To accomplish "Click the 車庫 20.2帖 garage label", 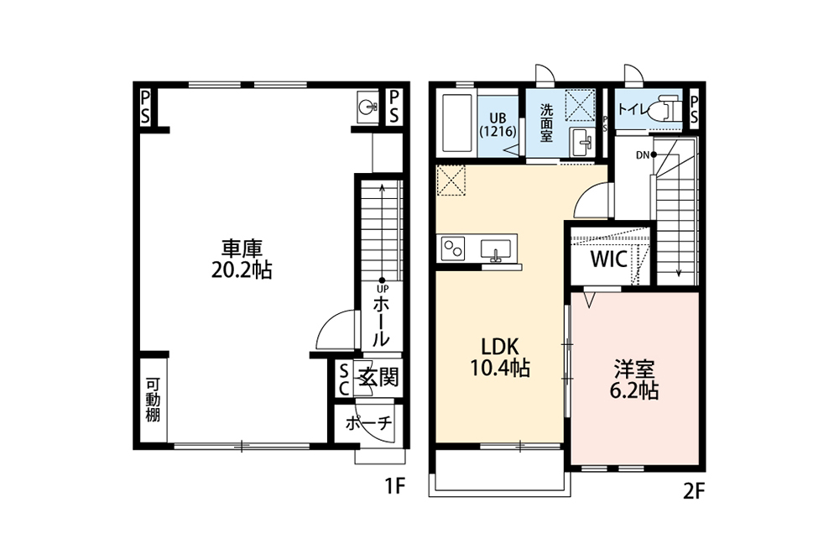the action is pyautogui.click(x=242, y=259).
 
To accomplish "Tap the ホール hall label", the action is pyautogui.click(x=381, y=322).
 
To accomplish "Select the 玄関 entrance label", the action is pyautogui.click(x=379, y=377).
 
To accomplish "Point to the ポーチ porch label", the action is pyautogui.click(x=368, y=423).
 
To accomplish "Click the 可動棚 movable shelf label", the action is pyautogui.click(x=153, y=400).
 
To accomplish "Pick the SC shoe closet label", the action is pyautogui.click(x=343, y=379).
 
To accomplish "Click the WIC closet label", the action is pyautogui.click(x=609, y=259).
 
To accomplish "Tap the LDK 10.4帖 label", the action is pyautogui.click(x=500, y=358).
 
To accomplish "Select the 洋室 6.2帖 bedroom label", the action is pyautogui.click(x=634, y=380).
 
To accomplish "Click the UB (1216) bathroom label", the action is pyautogui.click(x=498, y=125).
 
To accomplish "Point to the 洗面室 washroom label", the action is pyautogui.click(x=546, y=123).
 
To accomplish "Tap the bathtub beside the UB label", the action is pyautogui.click(x=456, y=124).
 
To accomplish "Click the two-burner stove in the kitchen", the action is pyautogui.click(x=453, y=249).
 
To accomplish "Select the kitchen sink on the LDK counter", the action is pyautogui.click(x=496, y=250).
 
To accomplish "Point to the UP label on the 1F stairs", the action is pyautogui.click(x=382, y=289).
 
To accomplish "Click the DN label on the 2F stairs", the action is pyautogui.click(x=642, y=156).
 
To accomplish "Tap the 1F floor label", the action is pyautogui.click(x=396, y=487).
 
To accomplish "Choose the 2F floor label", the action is pyautogui.click(x=694, y=491).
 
